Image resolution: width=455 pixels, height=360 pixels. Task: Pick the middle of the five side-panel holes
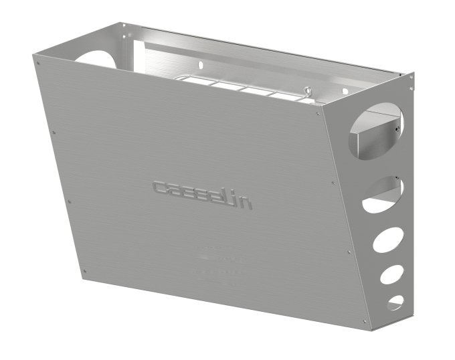pos(387,240)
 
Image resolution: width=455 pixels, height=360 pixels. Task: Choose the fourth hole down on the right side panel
pos(392,276)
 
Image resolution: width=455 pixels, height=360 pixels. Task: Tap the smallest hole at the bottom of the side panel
pos(395,302)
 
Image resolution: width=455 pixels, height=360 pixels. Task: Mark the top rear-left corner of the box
pos(123,25)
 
